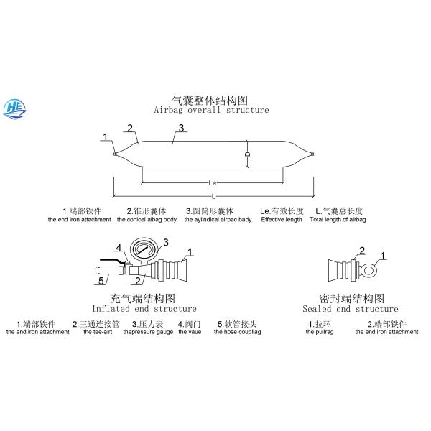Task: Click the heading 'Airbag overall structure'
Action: [211, 110]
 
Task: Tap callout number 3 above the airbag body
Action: [182, 129]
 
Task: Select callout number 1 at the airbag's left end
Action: [105, 136]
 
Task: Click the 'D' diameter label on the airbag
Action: [247, 154]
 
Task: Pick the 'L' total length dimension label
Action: [213, 197]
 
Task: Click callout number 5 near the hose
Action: [101, 280]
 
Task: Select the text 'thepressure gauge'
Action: [148, 332]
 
